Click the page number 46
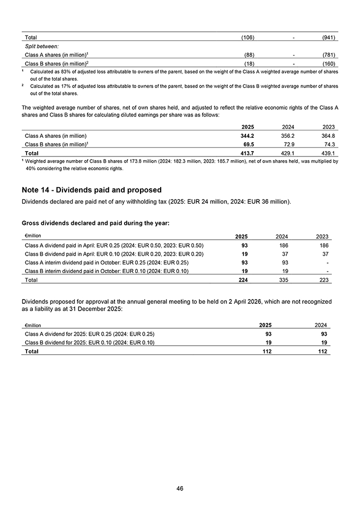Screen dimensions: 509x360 [x=180, y=488]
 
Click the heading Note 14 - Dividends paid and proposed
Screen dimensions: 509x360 [x=92, y=190]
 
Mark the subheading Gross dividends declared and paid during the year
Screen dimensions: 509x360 [x=95, y=223]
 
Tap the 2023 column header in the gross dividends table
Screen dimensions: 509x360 [x=322, y=236]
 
